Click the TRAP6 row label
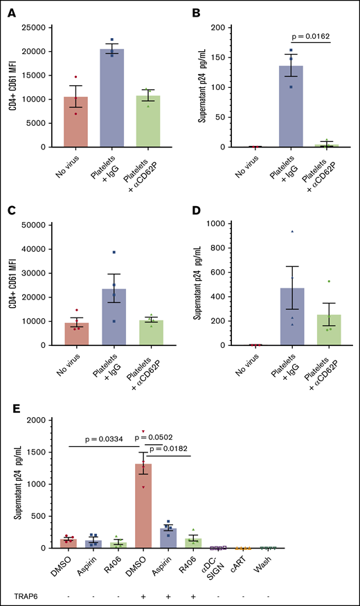click(19, 596)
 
